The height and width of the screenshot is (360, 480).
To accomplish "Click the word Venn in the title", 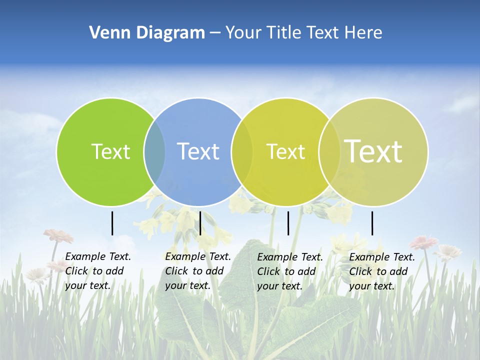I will click(x=106, y=33).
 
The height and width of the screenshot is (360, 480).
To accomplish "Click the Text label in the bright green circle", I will click(x=110, y=151).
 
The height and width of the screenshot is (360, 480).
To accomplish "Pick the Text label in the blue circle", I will click(x=198, y=151).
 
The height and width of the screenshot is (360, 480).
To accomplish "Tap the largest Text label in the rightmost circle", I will click(x=373, y=151).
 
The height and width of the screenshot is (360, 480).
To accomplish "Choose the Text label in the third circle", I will click(x=285, y=151).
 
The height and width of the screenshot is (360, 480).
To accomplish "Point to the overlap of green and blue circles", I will click(x=154, y=152).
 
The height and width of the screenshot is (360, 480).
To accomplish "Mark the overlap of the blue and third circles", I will click(x=242, y=152).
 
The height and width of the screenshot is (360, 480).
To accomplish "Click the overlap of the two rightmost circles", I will click(x=329, y=152).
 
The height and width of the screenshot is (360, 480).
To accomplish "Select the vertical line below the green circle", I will click(x=112, y=223).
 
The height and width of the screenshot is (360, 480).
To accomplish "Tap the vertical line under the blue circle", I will click(x=200, y=223).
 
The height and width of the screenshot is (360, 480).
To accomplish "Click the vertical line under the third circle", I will click(x=288, y=223).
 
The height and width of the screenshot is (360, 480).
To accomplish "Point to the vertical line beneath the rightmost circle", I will click(x=372, y=223).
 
